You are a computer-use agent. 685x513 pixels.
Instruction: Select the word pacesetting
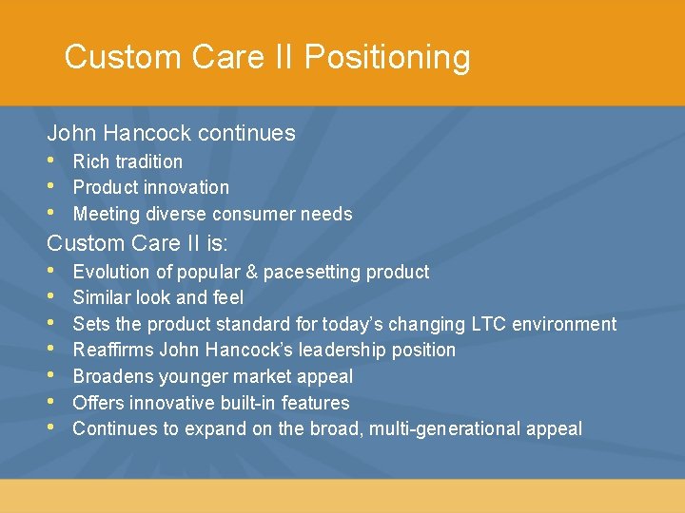click(310, 272)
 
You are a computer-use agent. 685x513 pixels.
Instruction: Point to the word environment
click(564, 324)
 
